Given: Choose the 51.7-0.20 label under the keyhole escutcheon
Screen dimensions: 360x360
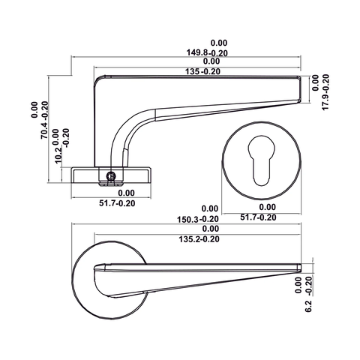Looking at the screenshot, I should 258,217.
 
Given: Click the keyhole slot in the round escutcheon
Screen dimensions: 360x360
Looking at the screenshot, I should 263,160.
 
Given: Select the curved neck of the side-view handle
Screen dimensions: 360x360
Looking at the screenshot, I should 126,135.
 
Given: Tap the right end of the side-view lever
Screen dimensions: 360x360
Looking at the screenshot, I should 304,88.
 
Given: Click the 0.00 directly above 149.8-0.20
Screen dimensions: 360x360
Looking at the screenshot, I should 218,43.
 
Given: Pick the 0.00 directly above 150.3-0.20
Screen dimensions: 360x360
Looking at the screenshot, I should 210,209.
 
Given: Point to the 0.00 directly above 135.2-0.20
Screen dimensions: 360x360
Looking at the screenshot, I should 210,229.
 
